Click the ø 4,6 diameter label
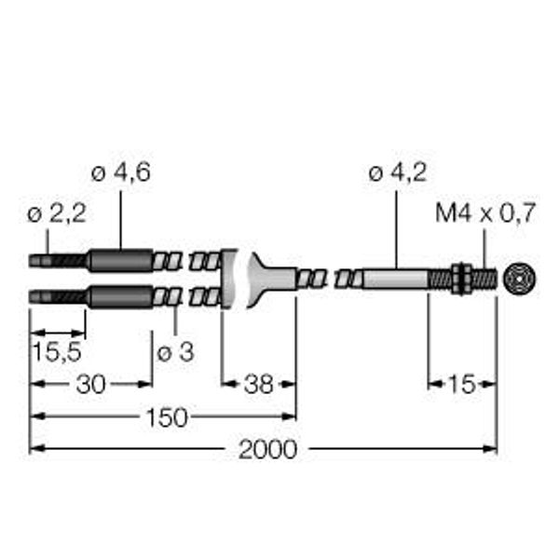121,173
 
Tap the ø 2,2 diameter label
57,214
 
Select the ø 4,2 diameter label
398,173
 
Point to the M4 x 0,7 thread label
485,213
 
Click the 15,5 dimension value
57,351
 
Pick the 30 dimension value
91,384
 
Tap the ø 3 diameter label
176,352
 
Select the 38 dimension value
258,384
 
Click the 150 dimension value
167,417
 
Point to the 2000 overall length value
267,450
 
